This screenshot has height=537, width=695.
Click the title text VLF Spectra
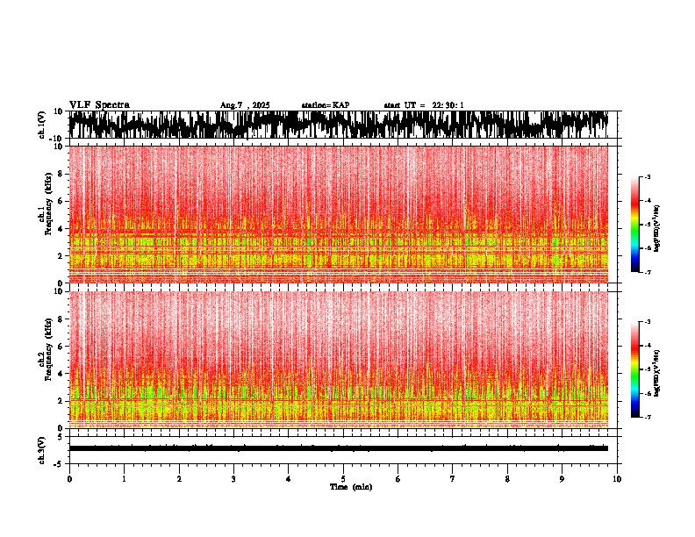pos(99,105)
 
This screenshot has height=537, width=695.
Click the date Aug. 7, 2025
pos(245,105)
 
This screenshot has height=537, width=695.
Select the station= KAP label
pos(326,105)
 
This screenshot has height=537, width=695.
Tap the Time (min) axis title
pos(349,486)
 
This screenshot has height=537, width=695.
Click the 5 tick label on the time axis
pos(343,479)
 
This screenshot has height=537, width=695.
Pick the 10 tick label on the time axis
pos(617,479)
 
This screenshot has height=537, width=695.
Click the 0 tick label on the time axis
pos(69,479)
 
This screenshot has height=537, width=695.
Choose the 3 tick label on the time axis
pos(233,479)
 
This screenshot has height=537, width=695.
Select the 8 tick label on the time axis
pos(507,479)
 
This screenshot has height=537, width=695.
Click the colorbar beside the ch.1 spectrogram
pos(635,225)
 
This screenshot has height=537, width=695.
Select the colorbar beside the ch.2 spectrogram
pos(635,369)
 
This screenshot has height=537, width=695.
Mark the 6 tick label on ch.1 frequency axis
pos(61,201)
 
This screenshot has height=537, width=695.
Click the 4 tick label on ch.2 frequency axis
pos(61,374)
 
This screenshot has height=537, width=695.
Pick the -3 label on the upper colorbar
pos(648,177)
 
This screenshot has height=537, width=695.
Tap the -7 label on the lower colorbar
pos(648,418)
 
